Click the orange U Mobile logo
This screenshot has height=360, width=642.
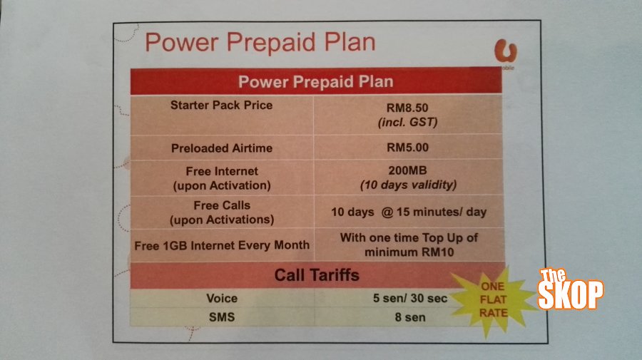coord(506,52)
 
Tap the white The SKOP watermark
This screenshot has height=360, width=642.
coord(571,289)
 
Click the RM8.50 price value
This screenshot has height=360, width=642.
coord(407,108)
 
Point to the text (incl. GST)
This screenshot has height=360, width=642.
coord(408,123)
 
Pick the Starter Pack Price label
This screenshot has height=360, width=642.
coord(222,105)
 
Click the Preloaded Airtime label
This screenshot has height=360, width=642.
coord(222,148)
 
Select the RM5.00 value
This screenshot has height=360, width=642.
coord(408,148)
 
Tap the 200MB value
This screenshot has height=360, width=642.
coord(408,170)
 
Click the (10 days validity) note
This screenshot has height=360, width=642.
coord(408,185)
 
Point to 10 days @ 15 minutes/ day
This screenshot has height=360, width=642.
coord(409,212)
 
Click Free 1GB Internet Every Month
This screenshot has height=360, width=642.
coord(222,245)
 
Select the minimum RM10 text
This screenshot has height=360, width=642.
coord(409,252)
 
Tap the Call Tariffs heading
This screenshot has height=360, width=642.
coord(317,275)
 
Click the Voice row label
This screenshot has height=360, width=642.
coord(222,298)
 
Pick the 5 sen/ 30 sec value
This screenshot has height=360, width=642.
coord(410,298)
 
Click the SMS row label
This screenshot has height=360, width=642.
coord(222,317)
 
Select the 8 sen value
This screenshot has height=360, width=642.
coord(410,317)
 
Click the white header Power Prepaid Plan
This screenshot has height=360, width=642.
coord(316,82)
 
